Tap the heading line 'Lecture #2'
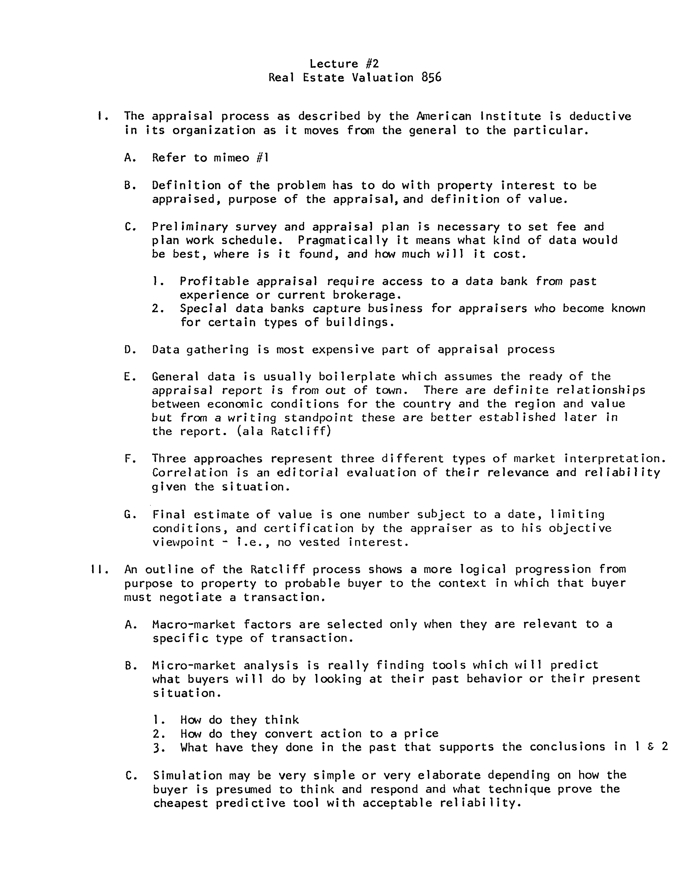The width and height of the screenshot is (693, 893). [344, 63]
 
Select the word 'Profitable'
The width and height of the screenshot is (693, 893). [214, 281]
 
